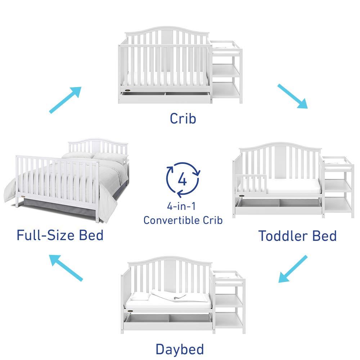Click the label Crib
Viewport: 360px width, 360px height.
[183, 118]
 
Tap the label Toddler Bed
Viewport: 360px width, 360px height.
[297, 236]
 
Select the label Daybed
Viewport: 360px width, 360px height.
[180, 349]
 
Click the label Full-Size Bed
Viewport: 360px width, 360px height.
[60, 235]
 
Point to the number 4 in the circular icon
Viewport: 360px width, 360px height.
[183, 179]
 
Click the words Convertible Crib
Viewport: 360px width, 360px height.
[183, 220]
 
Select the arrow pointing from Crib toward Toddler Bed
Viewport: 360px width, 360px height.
[292, 96]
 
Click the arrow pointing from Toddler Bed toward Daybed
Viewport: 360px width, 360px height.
[293, 269]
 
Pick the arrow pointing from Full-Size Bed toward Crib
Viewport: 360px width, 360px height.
[65, 100]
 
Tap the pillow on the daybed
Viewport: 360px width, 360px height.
[139, 296]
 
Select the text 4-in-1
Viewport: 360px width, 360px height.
[183, 206]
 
